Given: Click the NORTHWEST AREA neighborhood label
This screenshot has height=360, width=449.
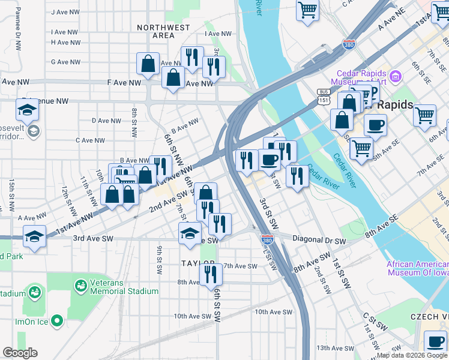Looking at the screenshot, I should tap(163, 31).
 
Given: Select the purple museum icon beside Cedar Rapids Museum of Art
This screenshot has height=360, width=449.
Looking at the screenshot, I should tap(395, 76).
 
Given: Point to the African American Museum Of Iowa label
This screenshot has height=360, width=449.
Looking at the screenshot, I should tap(417, 268).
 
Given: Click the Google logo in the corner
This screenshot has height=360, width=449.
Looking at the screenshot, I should tap(20, 353).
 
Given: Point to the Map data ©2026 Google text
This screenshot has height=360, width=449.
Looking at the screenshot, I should tap(411, 356).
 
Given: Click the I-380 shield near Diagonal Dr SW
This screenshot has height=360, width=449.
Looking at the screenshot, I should tap(267, 239).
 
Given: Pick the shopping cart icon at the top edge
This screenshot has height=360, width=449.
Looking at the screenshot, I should tap(307, 10).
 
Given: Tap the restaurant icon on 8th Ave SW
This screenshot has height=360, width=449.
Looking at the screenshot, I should tap(211, 274).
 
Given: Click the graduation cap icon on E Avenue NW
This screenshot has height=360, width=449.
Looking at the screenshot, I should tap(27, 111).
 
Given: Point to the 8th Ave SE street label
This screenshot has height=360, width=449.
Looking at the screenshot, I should tap(381, 227).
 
